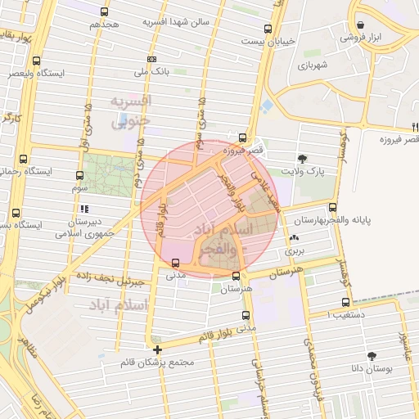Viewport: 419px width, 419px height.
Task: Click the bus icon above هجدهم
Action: tap(104, 11)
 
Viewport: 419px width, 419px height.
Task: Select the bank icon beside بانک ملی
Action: tap(151, 59)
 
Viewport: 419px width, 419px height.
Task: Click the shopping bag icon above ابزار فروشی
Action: tap(361, 25)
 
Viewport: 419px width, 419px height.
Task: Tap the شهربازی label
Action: tap(313, 64)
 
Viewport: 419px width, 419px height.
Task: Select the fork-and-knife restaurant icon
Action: tap(416, 126)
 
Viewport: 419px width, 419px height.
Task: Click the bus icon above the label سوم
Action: tap(79, 175)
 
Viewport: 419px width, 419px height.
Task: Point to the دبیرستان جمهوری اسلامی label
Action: tap(83, 227)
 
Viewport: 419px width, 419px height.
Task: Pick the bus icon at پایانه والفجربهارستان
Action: tap(332, 208)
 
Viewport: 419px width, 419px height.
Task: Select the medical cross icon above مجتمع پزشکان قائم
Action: tap(157, 349)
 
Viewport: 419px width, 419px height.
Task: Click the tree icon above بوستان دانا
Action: tap(372, 356)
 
